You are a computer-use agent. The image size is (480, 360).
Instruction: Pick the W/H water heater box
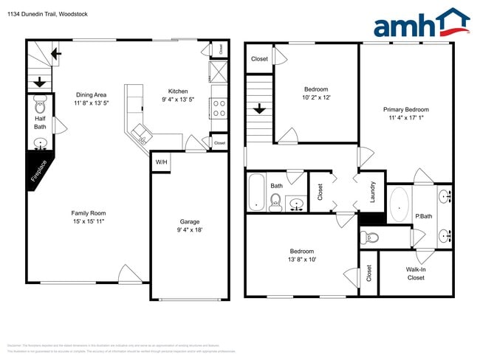click(x=160, y=162)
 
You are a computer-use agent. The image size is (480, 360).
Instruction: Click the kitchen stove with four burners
click(x=219, y=108)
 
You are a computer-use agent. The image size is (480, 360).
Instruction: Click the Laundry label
click(x=373, y=192)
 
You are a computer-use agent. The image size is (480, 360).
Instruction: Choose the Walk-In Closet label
click(x=416, y=274)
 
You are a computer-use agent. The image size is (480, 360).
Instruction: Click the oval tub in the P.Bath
click(x=400, y=204)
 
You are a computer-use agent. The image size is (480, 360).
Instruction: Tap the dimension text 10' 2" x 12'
click(x=316, y=97)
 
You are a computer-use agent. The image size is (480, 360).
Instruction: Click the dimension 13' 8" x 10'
click(x=301, y=260)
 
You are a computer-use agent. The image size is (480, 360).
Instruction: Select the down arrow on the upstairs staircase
click(x=259, y=109)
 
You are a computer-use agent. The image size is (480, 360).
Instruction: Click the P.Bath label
click(x=423, y=215)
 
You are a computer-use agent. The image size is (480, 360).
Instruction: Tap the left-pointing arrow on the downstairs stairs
click(x=55, y=53)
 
